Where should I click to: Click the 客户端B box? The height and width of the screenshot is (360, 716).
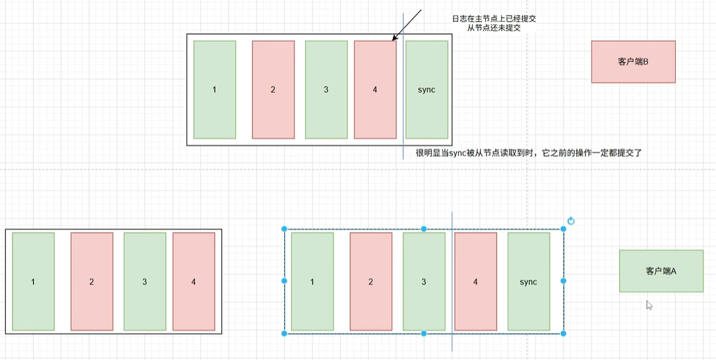(x=633, y=61)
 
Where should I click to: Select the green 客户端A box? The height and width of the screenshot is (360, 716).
(x=661, y=271)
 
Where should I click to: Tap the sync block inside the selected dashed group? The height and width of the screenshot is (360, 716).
(x=528, y=282)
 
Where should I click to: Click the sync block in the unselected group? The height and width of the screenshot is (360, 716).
(x=427, y=90)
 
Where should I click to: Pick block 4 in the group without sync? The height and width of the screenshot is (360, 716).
(x=193, y=282)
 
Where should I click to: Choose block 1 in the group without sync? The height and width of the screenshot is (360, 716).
(x=33, y=282)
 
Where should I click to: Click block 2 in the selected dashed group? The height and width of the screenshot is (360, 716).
(x=371, y=282)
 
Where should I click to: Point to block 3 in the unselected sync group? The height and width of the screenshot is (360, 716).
(x=326, y=90)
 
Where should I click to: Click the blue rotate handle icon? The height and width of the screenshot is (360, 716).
(x=571, y=222)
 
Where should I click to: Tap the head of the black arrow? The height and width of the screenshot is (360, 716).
(x=394, y=41)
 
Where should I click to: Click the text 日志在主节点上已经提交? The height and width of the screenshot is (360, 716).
(x=494, y=19)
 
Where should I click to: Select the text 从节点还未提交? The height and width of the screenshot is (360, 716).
(x=494, y=28)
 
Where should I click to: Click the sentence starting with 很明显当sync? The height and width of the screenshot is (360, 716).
(x=529, y=152)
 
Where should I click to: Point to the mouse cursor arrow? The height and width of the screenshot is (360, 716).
(x=649, y=305)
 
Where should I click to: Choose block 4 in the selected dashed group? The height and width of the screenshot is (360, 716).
(x=475, y=282)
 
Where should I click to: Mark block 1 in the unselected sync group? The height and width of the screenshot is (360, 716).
(x=214, y=90)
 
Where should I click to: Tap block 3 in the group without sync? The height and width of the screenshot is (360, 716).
(x=144, y=282)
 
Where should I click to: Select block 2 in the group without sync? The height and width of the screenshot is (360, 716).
(x=92, y=282)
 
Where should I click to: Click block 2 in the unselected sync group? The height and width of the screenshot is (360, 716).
(x=273, y=90)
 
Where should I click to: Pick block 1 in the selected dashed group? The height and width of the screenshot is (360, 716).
(x=312, y=282)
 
